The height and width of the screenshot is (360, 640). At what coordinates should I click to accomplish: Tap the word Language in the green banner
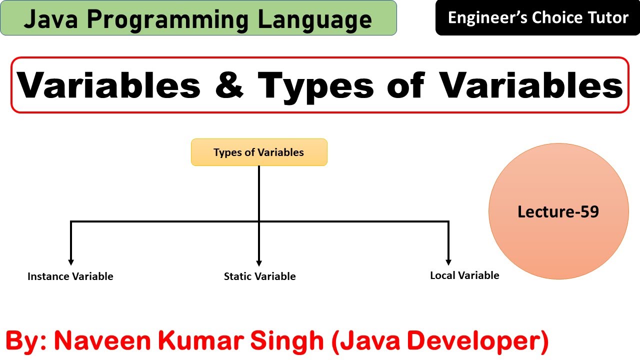(315, 19)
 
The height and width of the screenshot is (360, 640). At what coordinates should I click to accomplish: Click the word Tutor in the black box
(606, 18)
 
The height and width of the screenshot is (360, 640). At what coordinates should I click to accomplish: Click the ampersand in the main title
(228, 85)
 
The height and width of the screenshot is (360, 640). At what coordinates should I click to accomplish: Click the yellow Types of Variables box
(259, 152)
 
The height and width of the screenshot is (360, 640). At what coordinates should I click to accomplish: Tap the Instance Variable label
(70, 276)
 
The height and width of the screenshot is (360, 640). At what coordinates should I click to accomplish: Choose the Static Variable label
(259, 276)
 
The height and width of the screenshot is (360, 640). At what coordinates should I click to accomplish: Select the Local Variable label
(464, 275)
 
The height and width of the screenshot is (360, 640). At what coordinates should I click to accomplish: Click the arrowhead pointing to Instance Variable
(71, 261)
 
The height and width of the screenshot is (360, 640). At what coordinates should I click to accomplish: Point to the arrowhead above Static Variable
(259, 262)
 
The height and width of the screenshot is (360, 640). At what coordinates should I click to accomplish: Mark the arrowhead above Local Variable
(448, 261)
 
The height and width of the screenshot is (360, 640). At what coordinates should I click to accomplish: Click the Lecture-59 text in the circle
(558, 212)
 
